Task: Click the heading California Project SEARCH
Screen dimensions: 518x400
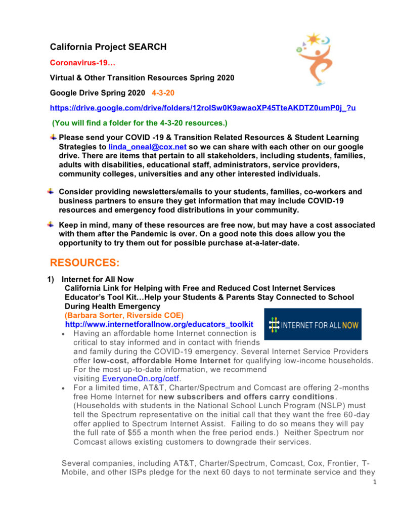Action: tap(108, 48)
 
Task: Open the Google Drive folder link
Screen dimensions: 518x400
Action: tap(203, 108)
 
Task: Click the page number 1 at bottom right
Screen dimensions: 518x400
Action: tap(375, 482)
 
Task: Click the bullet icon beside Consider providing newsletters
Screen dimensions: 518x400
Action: tap(51, 192)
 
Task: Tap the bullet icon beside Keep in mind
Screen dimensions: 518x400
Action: tap(51, 225)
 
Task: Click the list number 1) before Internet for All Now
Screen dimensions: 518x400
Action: tap(51, 279)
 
